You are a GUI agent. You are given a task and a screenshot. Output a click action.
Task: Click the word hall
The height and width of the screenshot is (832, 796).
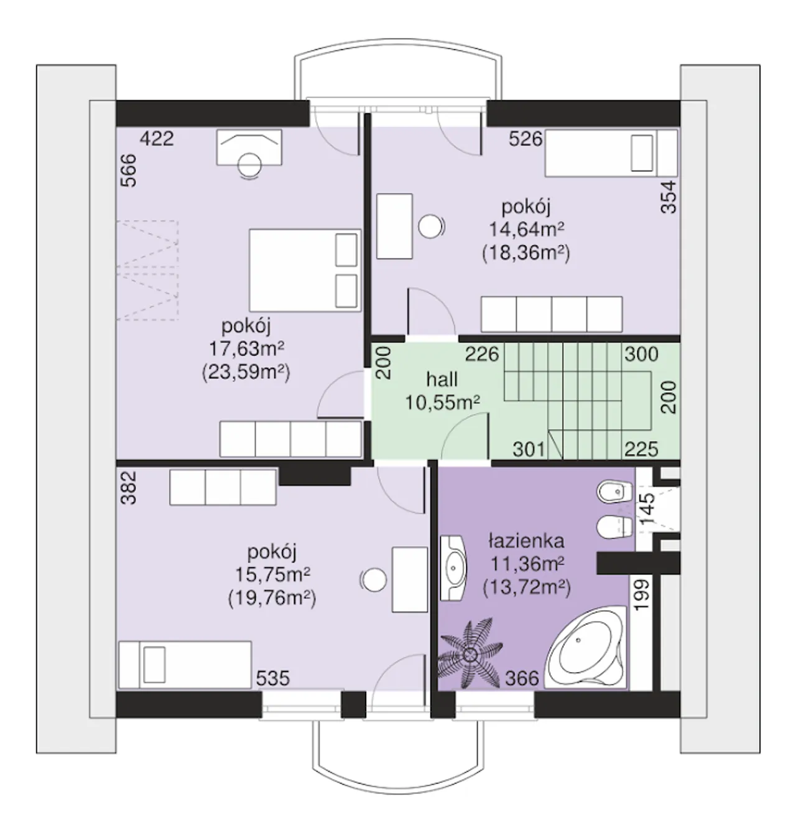click(442, 379)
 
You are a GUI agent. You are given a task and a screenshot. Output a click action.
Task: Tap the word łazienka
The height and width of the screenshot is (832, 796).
click(526, 541)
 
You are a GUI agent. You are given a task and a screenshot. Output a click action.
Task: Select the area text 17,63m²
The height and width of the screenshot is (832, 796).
click(246, 349)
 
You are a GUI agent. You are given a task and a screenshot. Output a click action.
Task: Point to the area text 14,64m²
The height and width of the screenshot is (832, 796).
click(526, 230)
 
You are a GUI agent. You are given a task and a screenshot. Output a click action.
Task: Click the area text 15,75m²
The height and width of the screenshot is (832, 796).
click(272, 575)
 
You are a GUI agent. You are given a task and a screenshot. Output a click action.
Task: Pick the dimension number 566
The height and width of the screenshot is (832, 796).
click(129, 171)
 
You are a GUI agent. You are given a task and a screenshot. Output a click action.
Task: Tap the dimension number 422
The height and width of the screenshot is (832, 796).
click(157, 139)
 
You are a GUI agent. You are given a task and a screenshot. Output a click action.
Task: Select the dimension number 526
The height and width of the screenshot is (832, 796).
click(525, 139)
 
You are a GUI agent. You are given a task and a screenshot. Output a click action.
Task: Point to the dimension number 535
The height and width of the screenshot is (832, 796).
click(273, 678)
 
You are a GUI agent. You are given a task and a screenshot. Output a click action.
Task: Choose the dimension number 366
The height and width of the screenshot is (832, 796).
click(522, 678)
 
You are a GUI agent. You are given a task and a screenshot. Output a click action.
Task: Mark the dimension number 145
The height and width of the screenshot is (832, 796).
click(647, 509)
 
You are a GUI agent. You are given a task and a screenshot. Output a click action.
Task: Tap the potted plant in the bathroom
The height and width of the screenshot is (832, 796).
click(470, 654)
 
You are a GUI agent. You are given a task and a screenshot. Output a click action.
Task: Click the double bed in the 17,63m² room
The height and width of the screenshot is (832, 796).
click(305, 270)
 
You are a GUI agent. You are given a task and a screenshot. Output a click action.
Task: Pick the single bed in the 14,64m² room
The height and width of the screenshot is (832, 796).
click(611, 153)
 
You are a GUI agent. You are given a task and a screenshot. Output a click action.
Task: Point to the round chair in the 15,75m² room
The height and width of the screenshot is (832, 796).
click(374, 580)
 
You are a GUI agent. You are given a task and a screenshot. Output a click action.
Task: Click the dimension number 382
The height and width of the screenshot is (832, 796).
click(129, 488)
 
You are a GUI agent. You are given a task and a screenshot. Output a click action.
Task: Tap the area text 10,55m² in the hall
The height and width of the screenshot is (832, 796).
click(442, 403)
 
